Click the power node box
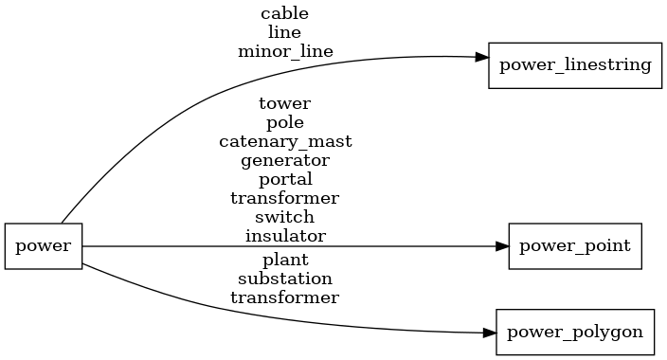[44, 246]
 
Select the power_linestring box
[574, 65]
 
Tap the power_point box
[575, 246]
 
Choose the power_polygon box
[575, 333]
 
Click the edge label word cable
[284, 14]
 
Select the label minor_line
[284, 51]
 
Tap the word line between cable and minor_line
[284, 32]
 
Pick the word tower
[284, 103]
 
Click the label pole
[284, 122]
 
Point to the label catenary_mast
[284, 141]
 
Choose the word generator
[284, 160]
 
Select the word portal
[284, 179]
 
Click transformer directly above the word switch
[284, 198]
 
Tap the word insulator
[284, 236]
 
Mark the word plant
[284, 260]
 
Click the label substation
[284, 279]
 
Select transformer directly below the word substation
[284, 297]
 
